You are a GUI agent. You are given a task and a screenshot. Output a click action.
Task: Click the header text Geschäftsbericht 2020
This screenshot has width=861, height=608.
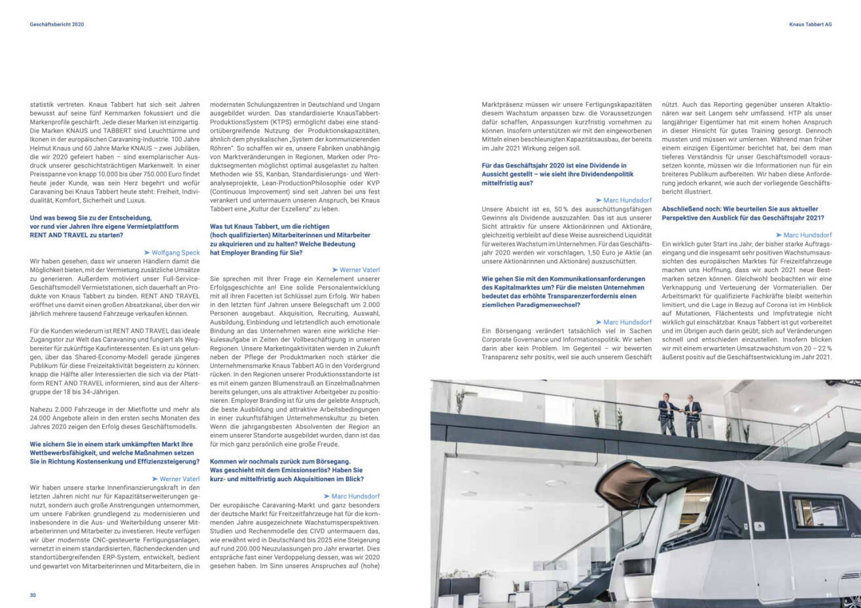57,24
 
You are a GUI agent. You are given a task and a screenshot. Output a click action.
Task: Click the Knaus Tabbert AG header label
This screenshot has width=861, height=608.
810,24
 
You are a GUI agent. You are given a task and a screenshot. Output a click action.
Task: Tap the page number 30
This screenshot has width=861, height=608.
33,595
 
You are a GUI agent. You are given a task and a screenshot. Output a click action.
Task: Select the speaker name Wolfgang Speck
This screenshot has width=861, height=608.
175,252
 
